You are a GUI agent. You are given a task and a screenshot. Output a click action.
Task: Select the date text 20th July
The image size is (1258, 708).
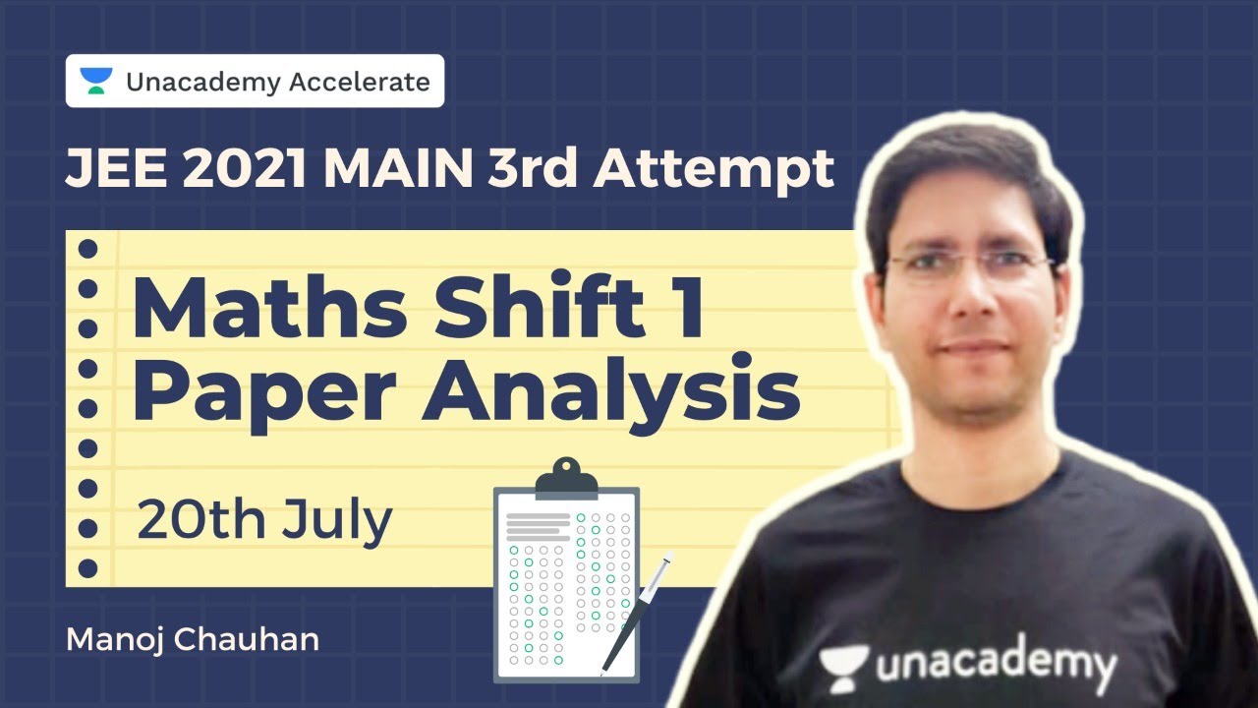tap(264, 521)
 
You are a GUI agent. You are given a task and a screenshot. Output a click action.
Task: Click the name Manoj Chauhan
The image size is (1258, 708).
tap(192, 640)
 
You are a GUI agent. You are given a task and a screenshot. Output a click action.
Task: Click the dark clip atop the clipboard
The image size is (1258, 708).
tap(565, 478)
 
